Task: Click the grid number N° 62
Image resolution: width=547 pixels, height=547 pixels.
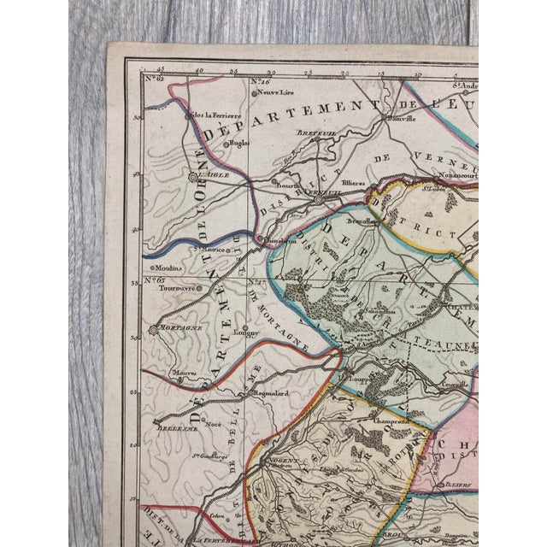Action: pos(154,81)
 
